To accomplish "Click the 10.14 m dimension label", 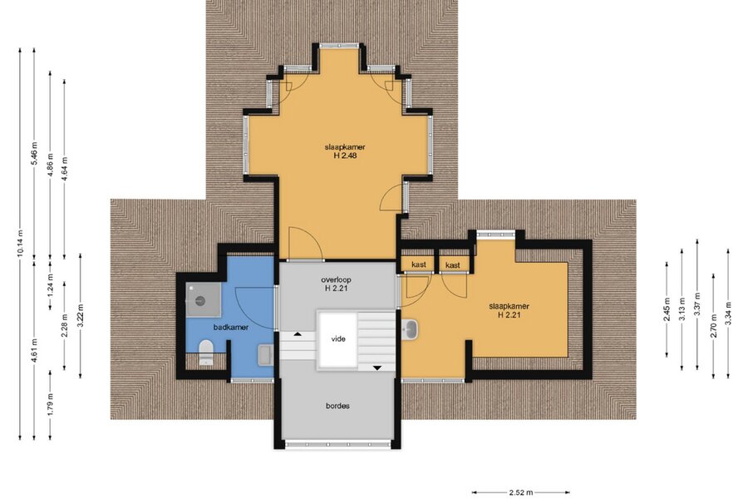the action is coord(20,244).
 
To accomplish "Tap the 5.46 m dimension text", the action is coord(34,153).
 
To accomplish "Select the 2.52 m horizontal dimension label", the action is coord(521,492).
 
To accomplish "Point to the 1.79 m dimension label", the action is coord(51,403).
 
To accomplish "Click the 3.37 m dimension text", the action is coord(697,304).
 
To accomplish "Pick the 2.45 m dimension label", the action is coord(667,309).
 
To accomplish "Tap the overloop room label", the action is coord(337,279).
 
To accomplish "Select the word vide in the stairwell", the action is coord(338,339).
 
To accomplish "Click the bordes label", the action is coord(337,406).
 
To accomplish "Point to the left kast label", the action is coord(418,264).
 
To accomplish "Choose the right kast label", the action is coord(453,265).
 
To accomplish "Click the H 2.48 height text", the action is coord(345,156).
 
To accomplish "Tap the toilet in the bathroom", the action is coord(206,352).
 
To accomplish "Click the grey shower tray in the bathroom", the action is coord(204,300).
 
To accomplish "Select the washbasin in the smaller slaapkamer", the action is coord(410,329).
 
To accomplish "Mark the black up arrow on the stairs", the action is coord(298,333).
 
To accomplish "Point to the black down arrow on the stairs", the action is coord(376,368).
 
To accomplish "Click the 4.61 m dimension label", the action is coord(34,350).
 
